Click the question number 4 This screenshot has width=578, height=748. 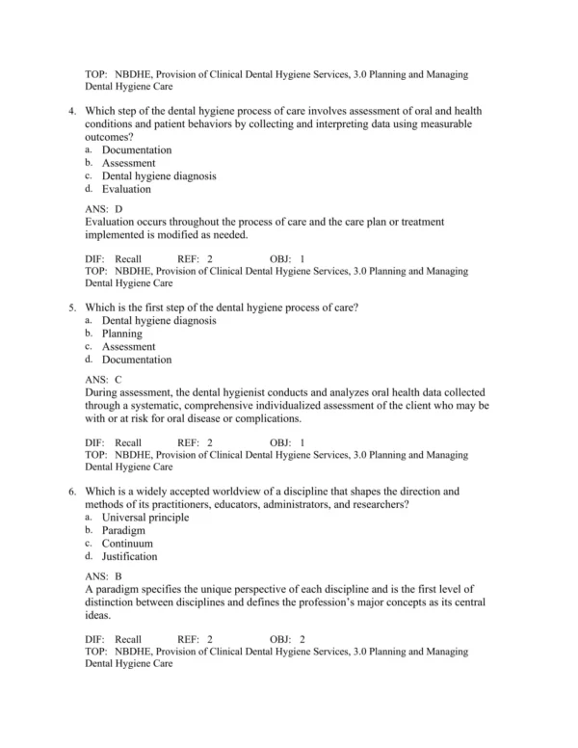(72, 111)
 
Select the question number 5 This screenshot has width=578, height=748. (72, 307)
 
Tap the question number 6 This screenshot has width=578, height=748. (72, 491)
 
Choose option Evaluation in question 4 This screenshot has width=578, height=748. (126, 190)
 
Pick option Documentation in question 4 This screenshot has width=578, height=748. (137, 150)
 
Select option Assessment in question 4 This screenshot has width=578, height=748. (128, 164)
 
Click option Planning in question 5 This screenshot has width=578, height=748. (121, 334)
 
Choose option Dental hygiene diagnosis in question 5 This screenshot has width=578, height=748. (159, 320)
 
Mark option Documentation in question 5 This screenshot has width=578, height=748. (137, 360)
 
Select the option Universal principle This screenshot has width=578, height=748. (145, 517)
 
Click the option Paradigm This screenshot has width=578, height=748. (123, 530)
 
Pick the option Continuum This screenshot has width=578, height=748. (127, 544)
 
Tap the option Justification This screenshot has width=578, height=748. (129, 556)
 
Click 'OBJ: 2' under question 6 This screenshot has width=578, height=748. (287, 639)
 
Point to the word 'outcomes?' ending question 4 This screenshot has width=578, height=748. (109, 137)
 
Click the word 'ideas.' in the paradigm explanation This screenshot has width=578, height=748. (98, 616)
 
